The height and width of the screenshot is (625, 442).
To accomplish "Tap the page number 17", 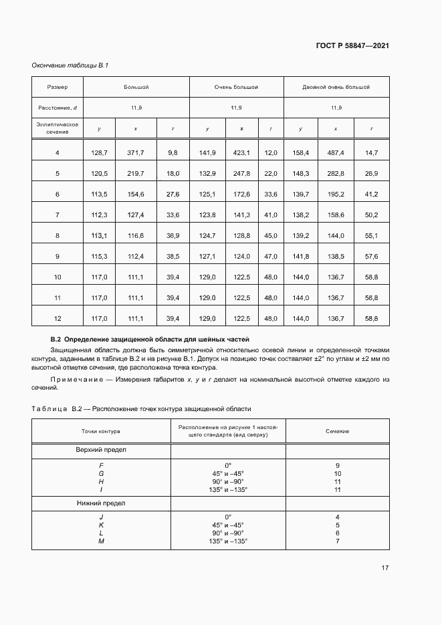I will [385, 568].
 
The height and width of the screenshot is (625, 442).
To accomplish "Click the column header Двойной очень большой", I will [336, 87].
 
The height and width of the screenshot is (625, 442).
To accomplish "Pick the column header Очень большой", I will [236, 87].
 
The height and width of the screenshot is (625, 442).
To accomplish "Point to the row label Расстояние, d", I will [58, 108].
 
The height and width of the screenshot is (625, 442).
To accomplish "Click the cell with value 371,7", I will [136, 153].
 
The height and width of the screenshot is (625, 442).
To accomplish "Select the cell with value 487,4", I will [335, 153].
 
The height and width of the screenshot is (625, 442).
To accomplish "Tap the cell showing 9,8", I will [173, 153].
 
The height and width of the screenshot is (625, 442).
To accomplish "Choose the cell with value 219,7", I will [136, 174].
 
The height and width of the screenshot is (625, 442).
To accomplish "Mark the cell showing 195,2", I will [335, 194].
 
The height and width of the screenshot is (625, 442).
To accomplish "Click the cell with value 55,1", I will [372, 235].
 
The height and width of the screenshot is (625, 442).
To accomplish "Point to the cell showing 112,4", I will [136, 256].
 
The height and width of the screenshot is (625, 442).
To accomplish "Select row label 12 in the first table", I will [58, 318].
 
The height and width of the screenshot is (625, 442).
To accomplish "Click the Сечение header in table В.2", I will [337, 431].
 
